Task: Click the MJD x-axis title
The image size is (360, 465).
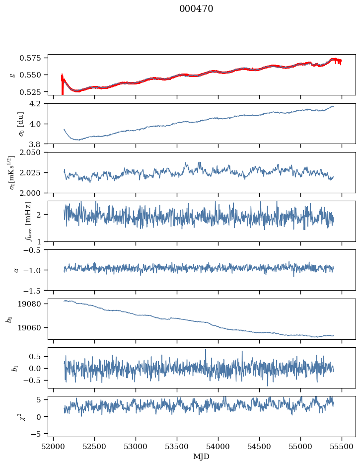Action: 202,457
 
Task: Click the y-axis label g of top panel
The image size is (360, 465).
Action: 12,75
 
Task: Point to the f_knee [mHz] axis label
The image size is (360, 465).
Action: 13,222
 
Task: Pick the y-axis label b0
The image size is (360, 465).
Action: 8,319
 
